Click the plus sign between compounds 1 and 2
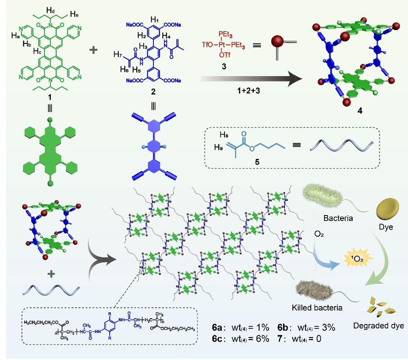click(94, 49)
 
